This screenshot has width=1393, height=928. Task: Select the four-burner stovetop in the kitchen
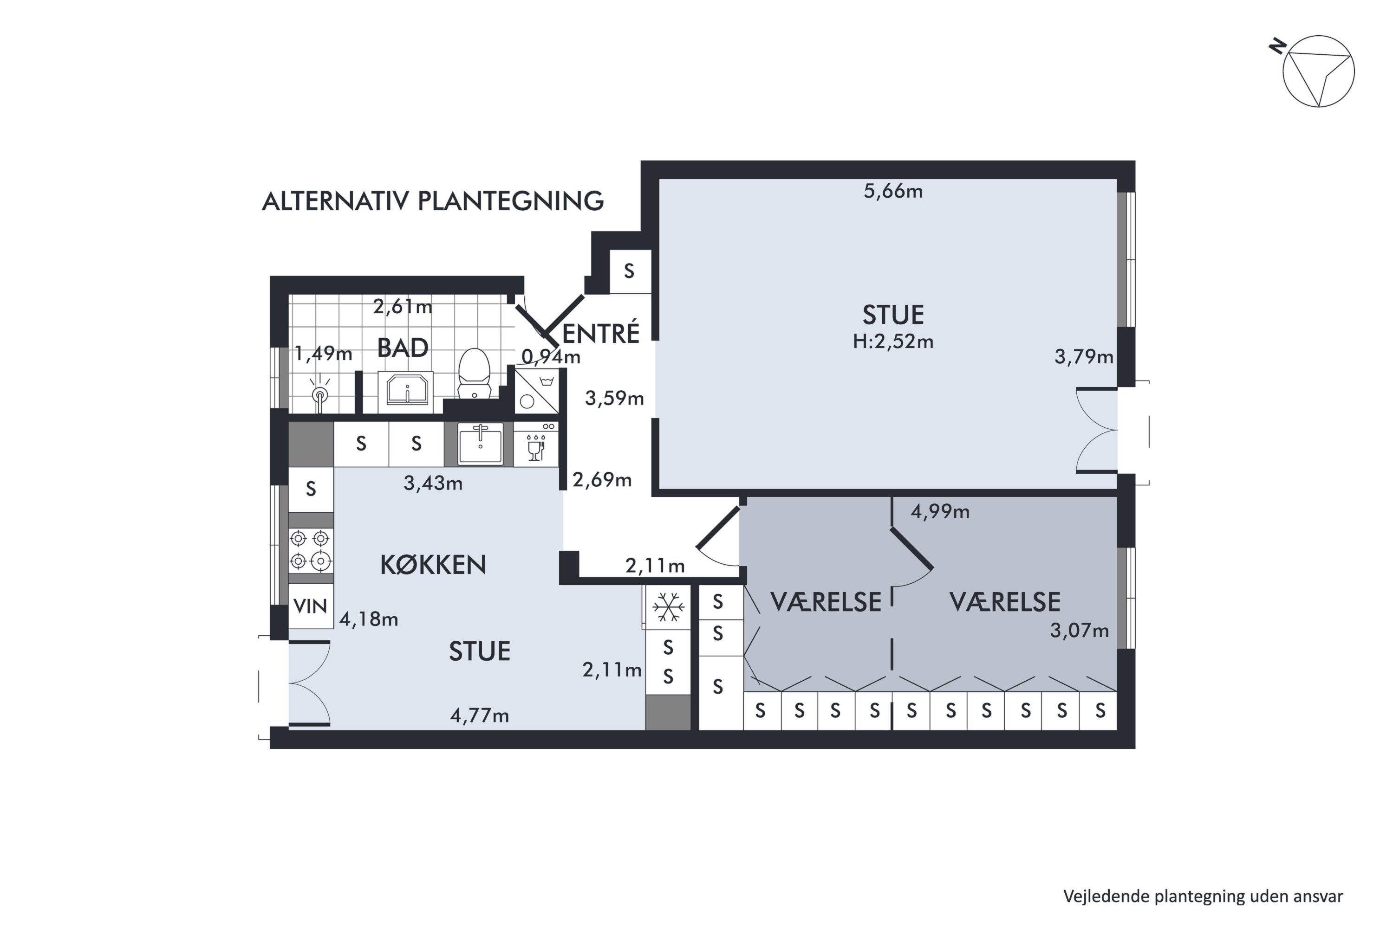click(x=310, y=550)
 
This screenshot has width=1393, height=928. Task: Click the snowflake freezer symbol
click(x=668, y=607)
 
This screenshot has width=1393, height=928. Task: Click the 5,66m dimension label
click(x=893, y=191)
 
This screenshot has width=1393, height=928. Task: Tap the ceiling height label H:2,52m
click(x=893, y=342)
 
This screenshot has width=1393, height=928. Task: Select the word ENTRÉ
click(x=600, y=333)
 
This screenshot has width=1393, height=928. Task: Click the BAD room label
click(x=403, y=348)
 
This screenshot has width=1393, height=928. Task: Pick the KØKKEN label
click(x=433, y=565)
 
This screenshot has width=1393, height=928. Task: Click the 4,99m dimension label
click(x=940, y=511)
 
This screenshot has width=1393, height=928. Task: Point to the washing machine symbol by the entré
click(x=536, y=391)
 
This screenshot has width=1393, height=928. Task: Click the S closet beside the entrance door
click(x=630, y=271)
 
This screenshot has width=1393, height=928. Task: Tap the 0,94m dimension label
click(x=551, y=357)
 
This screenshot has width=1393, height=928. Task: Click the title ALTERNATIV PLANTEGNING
click(x=433, y=201)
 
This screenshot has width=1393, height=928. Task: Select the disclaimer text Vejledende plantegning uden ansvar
click(x=1203, y=896)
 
